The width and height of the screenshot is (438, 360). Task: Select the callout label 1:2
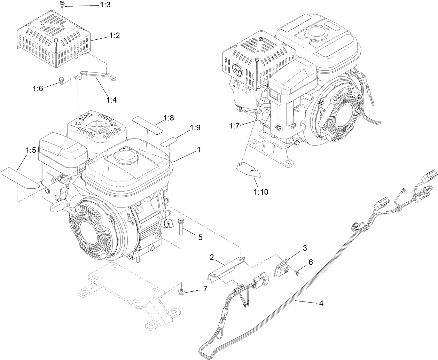[x=115, y=35]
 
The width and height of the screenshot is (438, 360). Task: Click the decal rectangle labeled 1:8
[x=148, y=125]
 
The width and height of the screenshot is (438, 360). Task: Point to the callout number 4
[x=321, y=303]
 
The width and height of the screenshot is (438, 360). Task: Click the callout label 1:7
[x=235, y=126]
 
